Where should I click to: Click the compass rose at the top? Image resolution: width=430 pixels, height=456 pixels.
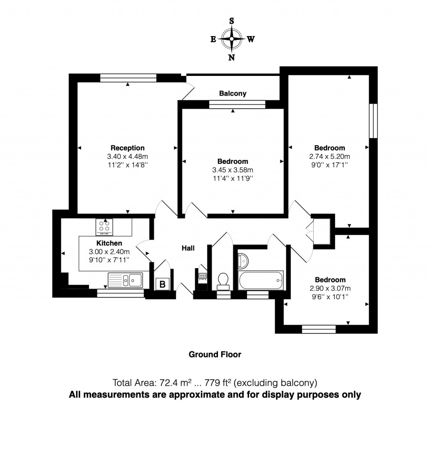[x=231, y=39]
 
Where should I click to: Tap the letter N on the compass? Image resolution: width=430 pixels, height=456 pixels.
[x=231, y=58]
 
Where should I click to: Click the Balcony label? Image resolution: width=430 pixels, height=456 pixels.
[x=233, y=93]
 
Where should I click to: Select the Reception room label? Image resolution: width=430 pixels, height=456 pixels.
[x=128, y=148]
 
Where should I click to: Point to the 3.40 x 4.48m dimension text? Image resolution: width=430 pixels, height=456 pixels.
[x=128, y=157]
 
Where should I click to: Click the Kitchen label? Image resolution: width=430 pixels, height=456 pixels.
[x=109, y=243]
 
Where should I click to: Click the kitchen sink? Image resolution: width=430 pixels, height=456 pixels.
[x=125, y=280]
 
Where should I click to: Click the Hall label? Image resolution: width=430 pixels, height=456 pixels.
[x=188, y=248]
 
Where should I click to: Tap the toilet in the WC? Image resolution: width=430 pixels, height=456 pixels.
[x=223, y=280]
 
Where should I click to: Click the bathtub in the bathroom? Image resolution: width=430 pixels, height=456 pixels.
[x=260, y=280]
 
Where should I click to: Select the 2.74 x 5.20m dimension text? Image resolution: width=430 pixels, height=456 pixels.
[x=330, y=157]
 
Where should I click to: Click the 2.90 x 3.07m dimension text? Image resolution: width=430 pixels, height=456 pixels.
[x=330, y=288]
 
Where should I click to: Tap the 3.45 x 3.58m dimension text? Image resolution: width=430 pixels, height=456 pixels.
[x=233, y=170]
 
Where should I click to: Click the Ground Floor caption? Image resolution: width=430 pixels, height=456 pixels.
[x=215, y=355]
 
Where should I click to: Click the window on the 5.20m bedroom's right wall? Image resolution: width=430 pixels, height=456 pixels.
[x=373, y=120]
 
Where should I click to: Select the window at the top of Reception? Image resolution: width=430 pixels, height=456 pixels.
[x=128, y=78]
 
